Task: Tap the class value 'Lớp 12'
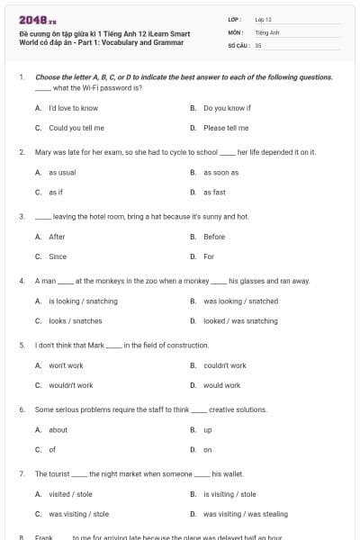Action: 263,18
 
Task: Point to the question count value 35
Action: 258,44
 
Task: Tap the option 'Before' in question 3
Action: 214,237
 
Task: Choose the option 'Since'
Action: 58,256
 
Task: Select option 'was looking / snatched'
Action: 240,301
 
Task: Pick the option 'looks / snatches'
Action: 75,320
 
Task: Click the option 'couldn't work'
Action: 225,365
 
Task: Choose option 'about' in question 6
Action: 58,429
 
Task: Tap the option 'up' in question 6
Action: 208,429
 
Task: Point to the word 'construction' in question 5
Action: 188,345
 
